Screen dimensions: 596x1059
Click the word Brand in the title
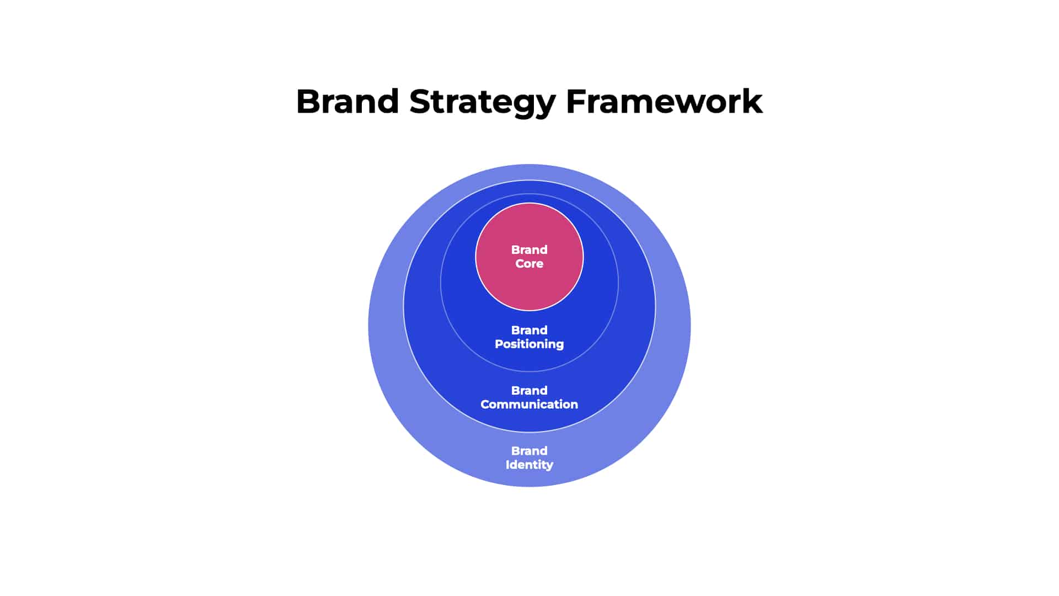pyautogui.click(x=347, y=102)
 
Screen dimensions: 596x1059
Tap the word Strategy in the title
pyautogui.click(x=483, y=103)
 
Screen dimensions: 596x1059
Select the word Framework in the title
pyautogui.click(x=664, y=102)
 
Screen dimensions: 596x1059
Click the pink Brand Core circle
pyautogui.click(x=529, y=287)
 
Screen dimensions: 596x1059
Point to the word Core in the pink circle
pyautogui.click(x=529, y=264)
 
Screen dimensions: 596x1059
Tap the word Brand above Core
pyautogui.click(x=529, y=249)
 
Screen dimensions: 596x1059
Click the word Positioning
pyautogui.click(x=529, y=344)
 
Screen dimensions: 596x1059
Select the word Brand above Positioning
pyautogui.click(x=529, y=330)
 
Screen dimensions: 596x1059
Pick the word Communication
pyautogui.click(x=529, y=405)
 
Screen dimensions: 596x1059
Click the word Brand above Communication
pyautogui.click(x=529, y=390)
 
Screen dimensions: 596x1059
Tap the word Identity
pyautogui.click(x=529, y=465)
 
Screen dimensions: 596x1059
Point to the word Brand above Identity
pyautogui.click(x=529, y=450)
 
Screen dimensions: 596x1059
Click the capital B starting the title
pyautogui.click(x=309, y=102)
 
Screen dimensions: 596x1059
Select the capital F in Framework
pyautogui.click(x=576, y=102)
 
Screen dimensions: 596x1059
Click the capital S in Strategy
pyautogui.click(x=421, y=102)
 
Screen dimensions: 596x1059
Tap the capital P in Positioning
pyautogui.click(x=499, y=344)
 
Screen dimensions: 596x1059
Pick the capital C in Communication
pyautogui.click(x=485, y=405)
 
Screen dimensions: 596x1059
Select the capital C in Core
pyautogui.click(x=520, y=264)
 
